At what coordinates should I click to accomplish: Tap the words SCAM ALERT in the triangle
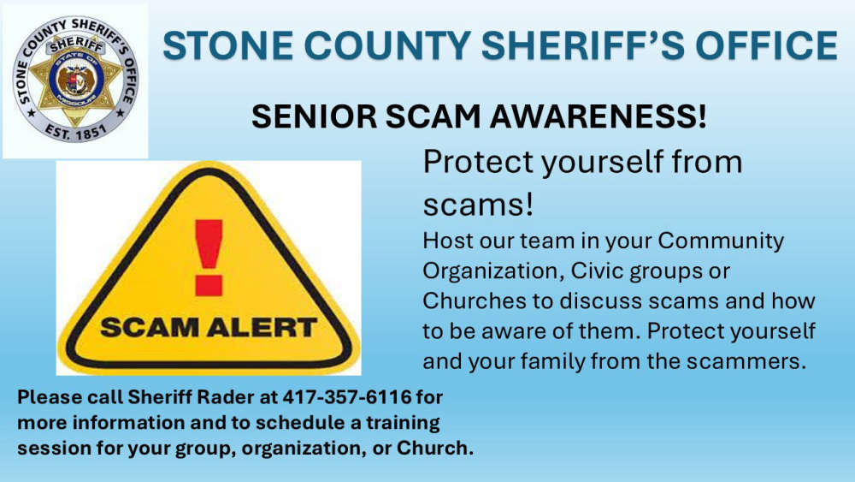click(x=209, y=328)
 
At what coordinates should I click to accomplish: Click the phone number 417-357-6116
click(x=347, y=397)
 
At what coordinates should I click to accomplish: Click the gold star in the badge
click(x=75, y=79)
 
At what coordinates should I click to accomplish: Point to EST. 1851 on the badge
click(x=75, y=130)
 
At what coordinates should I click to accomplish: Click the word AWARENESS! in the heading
click(x=620, y=116)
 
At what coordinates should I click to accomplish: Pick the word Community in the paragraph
click(x=720, y=241)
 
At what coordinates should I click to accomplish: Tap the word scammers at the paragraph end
click(x=746, y=361)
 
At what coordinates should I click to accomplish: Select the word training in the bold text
click(x=403, y=423)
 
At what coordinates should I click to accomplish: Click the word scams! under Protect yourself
click(x=478, y=205)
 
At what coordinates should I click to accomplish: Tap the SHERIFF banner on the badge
click(x=76, y=44)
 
